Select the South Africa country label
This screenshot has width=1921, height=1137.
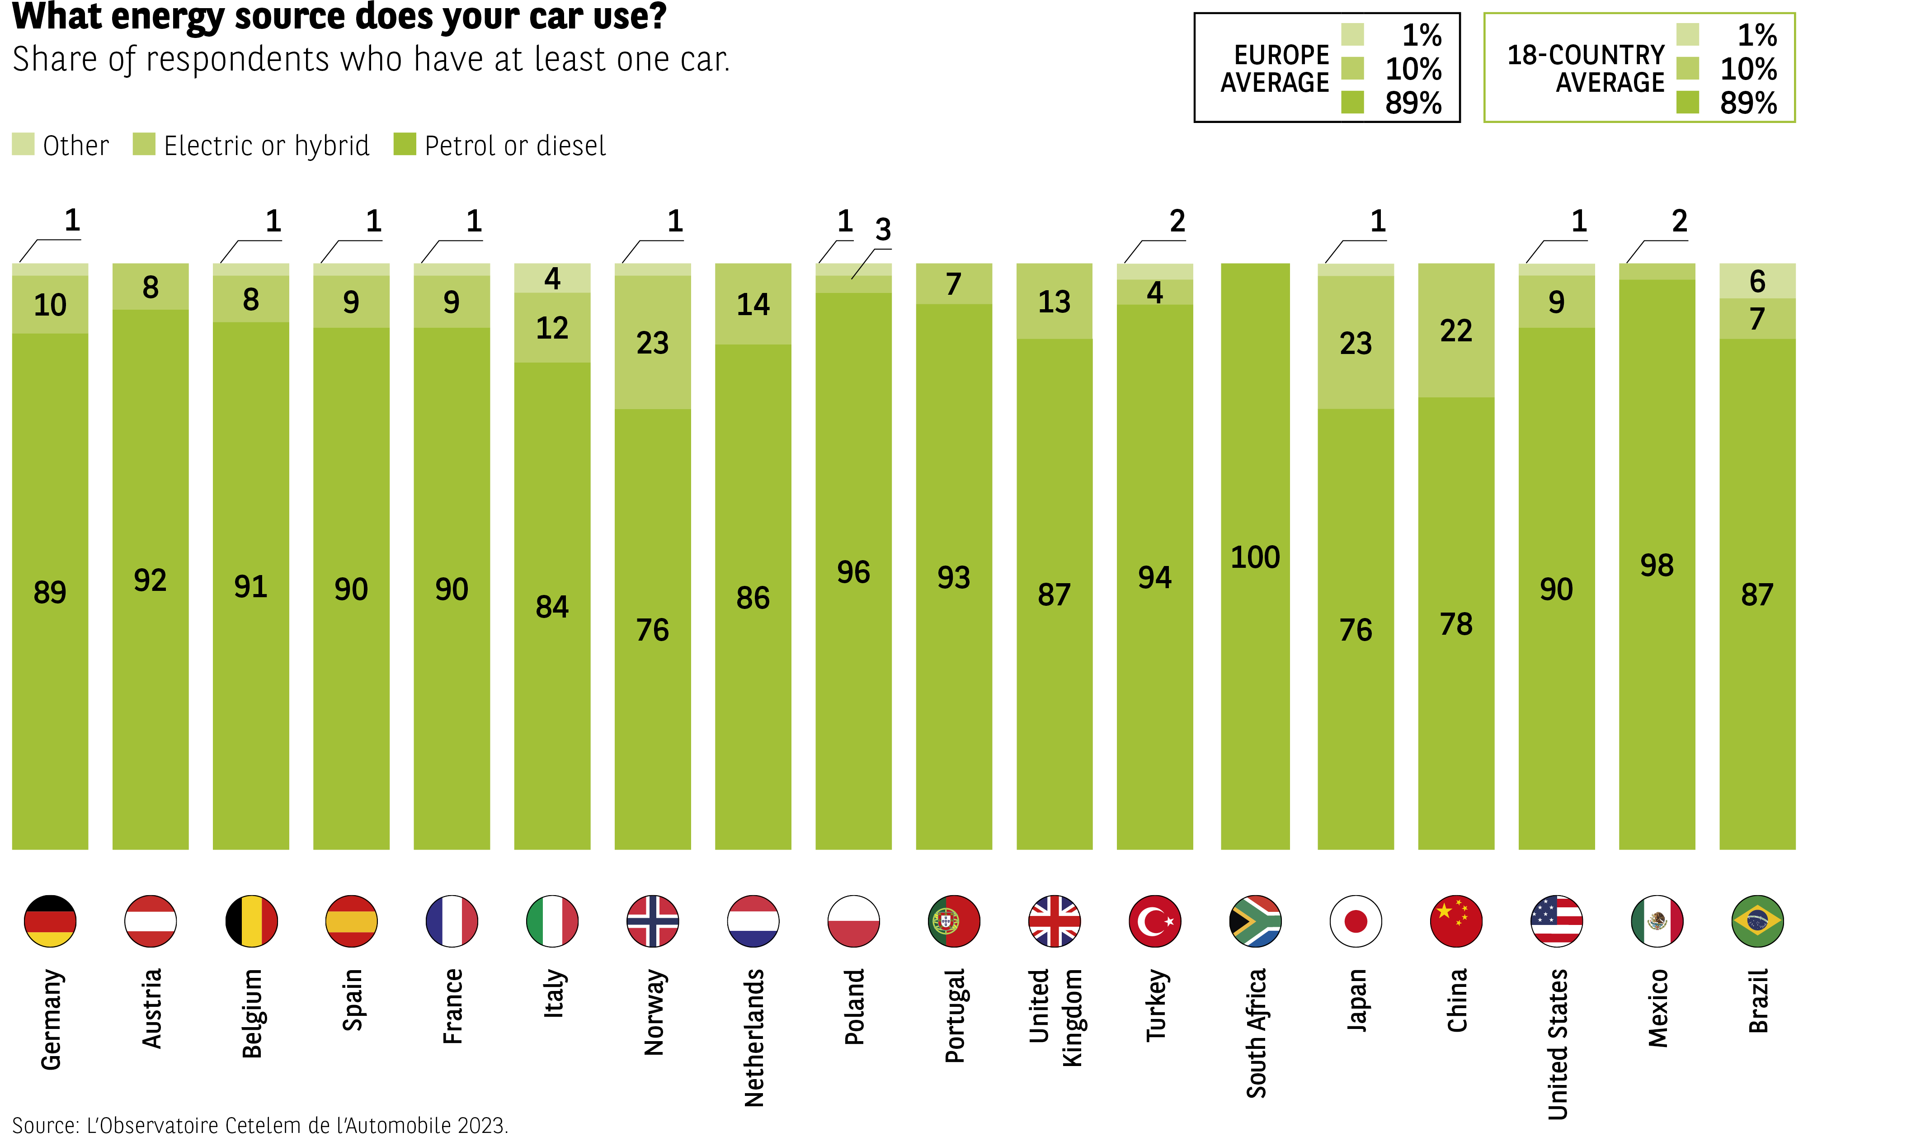pyautogui.click(x=1255, y=1033)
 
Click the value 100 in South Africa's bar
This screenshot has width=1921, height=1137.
pyautogui.click(x=1255, y=557)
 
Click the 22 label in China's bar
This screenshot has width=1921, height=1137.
pyautogui.click(x=1455, y=330)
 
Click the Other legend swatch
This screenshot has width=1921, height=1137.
pyautogui.click(x=23, y=144)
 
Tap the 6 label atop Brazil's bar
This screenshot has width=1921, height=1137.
pyautogui.click(x=1757, y=281)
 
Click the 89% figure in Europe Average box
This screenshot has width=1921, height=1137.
pyautogui.click(x=1413, y=103)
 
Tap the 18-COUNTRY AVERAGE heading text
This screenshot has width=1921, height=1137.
pyautogui.click(x=1586, y=68)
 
